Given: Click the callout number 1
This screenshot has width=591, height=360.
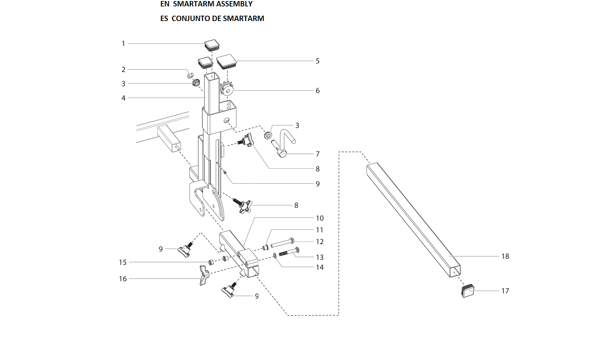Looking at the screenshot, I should click(123, 43).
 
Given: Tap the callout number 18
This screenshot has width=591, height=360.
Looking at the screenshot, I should click(505, 256).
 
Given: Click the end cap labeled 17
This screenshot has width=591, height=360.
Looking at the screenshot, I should click(468, 291).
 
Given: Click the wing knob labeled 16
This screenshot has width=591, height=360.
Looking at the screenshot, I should click(204, 275).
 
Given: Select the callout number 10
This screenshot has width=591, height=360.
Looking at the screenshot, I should click(320, 218).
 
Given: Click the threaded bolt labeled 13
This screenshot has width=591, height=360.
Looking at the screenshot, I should click(289, 252).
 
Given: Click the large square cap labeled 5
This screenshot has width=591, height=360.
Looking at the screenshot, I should click(227, 61).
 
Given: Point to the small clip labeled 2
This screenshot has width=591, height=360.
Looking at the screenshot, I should click(190, 75).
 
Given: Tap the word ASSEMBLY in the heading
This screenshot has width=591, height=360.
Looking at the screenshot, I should click(234, 4).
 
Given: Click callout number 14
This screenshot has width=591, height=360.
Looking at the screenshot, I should click(320, 267).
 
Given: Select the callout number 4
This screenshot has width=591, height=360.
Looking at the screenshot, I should click(123, 98).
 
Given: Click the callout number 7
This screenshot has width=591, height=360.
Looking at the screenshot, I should click(317, 154).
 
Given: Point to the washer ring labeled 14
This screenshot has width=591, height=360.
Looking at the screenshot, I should click(275, 255).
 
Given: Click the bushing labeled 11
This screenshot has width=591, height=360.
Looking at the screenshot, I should click(265, 247).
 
